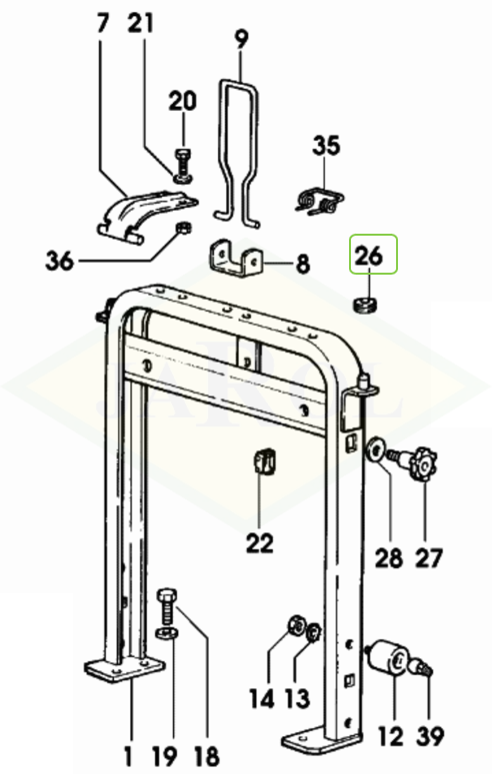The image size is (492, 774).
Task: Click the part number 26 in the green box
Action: pos(369,257)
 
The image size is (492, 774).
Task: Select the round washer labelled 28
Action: pos(375,451)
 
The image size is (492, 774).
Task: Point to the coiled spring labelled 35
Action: pos(319,200)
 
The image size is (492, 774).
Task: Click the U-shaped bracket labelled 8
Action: pos(235,258)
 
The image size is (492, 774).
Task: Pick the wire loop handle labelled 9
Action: pos(238,152)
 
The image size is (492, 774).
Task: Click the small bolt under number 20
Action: pos(182,166)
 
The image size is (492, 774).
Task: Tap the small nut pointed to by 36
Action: pos(183,228)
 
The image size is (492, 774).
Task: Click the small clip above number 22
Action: pos(265,462)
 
